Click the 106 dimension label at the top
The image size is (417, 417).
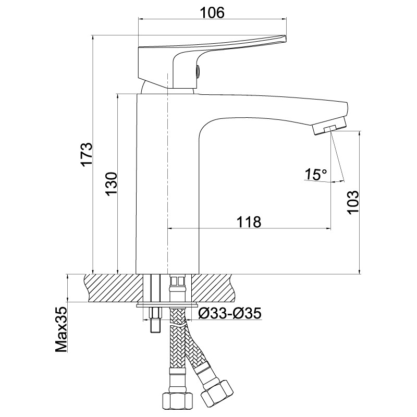pos(212,13)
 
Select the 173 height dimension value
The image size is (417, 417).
pos(87,154)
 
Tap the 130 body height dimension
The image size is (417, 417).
pos(111,184)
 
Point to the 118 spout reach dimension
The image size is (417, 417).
pos(249,222)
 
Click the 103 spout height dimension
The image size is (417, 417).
pos(353,202)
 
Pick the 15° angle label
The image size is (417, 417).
pos(316,175)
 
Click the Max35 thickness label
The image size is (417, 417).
pos(61,329)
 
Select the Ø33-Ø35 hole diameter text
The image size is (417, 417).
pos(230,313)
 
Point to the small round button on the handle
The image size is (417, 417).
pos(198,71)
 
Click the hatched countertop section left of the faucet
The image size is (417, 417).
pos(114,288)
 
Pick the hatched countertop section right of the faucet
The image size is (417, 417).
pos(214,288)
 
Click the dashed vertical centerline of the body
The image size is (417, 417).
pos(167,173)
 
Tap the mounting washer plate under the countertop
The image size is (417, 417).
pos(167,304)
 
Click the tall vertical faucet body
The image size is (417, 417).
pos(167,183)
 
